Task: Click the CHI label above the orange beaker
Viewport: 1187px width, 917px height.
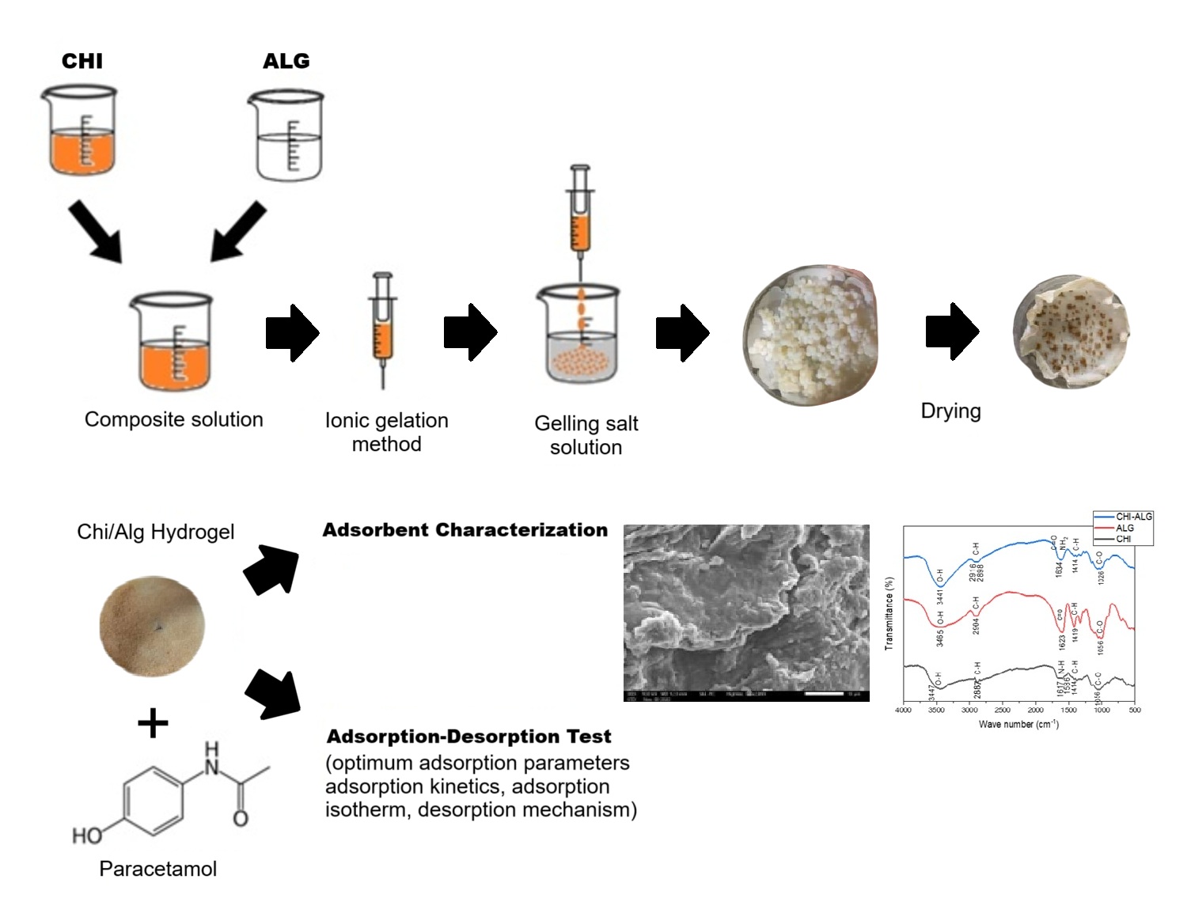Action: coord(82,61)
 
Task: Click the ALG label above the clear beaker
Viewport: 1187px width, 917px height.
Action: coord(286,61)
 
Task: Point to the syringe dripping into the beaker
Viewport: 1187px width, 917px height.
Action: coord(580,214)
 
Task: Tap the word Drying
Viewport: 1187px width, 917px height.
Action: coord(950,411)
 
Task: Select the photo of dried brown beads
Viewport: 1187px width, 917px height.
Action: coord(1071,331)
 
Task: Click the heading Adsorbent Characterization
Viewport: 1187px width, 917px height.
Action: coord(465,530)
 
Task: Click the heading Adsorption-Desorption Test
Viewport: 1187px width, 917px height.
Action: coord(468,737)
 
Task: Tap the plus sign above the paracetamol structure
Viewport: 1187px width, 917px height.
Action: coord(153,723)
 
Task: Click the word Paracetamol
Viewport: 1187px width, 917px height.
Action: coord(157,869)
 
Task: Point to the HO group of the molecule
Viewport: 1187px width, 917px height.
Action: coord(87,836)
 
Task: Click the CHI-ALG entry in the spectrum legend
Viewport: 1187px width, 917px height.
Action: coord(1133,517)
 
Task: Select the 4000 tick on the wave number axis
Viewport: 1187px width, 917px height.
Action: coord(903,710)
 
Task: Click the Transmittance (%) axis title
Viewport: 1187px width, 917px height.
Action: coord(889,613)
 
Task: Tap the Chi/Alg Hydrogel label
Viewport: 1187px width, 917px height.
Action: coord(155,532)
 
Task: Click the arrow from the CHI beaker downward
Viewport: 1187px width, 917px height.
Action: coord(94,230)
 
